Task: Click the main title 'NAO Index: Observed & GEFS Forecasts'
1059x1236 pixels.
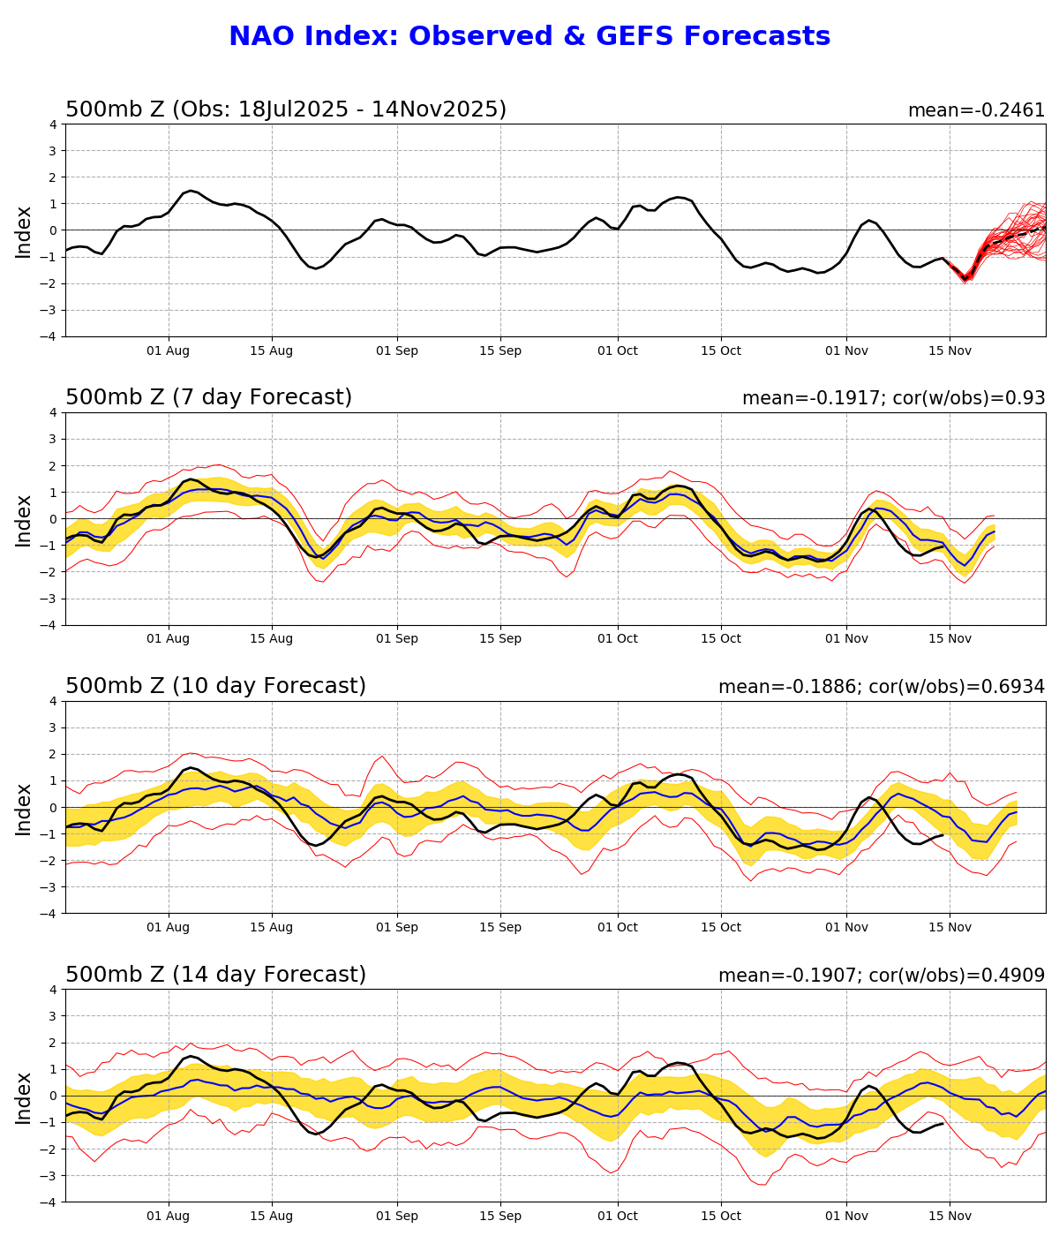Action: (529, 37)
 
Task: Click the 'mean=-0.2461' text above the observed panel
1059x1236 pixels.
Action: (976, 111)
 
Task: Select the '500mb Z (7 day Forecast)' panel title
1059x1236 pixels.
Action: (208, 398)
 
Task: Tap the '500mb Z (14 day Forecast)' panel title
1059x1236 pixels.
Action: (215, 976)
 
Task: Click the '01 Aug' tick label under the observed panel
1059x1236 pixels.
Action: (168, 350)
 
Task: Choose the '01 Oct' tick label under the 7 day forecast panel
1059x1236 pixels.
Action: (617, 639)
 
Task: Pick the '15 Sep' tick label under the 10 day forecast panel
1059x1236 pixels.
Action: (500, 928)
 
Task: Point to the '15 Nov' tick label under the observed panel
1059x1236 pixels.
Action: (950, 350)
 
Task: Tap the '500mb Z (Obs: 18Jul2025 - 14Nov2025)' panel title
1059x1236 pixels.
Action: (286, 110)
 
